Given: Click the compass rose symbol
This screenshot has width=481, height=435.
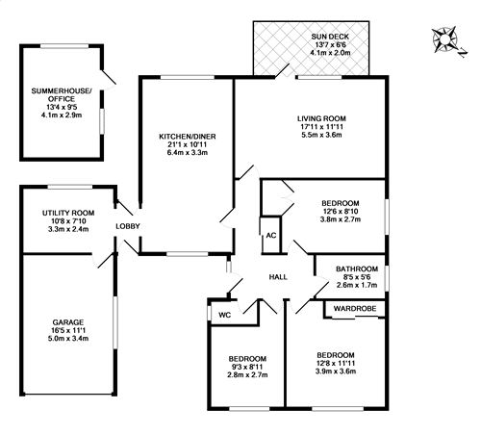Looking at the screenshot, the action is [444, 39].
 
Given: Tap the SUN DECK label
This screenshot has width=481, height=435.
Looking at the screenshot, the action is [330, 37].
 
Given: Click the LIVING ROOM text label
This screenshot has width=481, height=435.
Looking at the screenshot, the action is [321, 118].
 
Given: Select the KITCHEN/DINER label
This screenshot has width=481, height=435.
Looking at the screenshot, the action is [188, 137].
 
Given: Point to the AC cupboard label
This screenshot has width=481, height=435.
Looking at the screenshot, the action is [271, 236].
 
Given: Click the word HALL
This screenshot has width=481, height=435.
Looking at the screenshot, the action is [278, 277].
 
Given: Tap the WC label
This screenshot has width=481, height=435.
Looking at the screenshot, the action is [225, 315].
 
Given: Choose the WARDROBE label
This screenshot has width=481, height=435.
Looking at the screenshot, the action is [355, 309].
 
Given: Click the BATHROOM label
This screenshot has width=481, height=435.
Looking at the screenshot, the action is [357, 269].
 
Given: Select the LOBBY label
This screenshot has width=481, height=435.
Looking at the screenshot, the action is [128, 226].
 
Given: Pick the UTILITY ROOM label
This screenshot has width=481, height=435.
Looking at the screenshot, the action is [68, 213].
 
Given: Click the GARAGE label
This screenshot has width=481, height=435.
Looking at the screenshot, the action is [68, 322].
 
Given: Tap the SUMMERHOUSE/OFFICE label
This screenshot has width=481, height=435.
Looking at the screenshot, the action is [62, 95].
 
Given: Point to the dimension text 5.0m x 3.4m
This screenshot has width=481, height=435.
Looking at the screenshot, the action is [68, 339].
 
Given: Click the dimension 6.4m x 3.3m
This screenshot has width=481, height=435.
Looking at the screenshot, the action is [188, 152].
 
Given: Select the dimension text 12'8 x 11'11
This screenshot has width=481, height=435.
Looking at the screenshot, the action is [336, 364].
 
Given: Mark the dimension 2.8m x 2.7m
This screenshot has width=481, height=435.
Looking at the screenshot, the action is [247, 374].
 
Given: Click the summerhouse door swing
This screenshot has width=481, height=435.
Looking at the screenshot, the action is [109, 79].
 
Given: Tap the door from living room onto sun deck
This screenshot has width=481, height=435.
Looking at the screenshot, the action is [282, 71].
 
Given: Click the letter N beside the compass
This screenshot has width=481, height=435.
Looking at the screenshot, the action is [462, 52].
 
